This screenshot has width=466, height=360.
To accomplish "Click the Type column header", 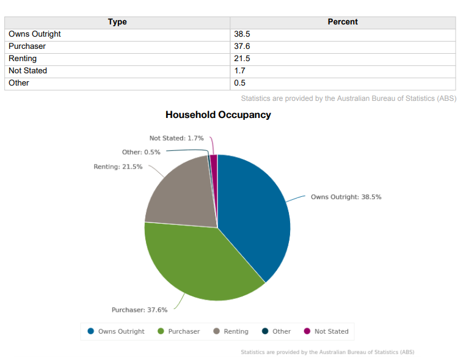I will click(x=117, y=22).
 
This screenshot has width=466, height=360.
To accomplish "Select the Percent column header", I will click(x=343, y=22).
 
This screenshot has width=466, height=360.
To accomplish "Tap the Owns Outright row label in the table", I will click(x=35, y=34).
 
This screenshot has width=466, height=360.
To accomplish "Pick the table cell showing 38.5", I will click(x=242, y=34).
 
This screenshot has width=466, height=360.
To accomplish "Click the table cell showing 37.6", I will click(x=242, y=46).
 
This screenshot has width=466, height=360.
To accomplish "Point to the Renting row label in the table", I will click(x=23, y=59).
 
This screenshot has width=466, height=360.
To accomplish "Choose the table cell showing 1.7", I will click(x=239, y=71).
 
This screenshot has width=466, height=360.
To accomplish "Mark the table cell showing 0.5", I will click(x=239, y=83).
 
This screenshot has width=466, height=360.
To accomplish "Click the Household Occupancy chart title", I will click(x=218, y=115).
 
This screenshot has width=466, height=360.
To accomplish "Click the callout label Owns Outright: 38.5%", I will click(x=346, y=197).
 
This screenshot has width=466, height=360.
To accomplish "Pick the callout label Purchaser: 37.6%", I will click(x=139, y=310).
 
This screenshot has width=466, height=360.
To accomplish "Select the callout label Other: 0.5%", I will click(x=141, y=152).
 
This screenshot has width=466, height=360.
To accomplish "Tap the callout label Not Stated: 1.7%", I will click(x=177, y=139).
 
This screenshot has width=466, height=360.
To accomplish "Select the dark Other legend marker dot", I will click(x=265, y=331).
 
